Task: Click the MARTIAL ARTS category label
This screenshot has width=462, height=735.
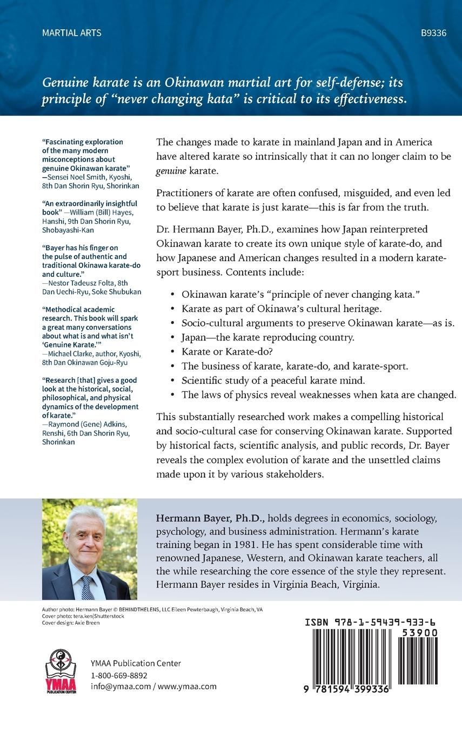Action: pos(71,33)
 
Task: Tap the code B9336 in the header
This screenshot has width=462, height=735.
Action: pos(433,33)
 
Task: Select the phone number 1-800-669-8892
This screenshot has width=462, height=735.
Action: pos(119,675)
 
